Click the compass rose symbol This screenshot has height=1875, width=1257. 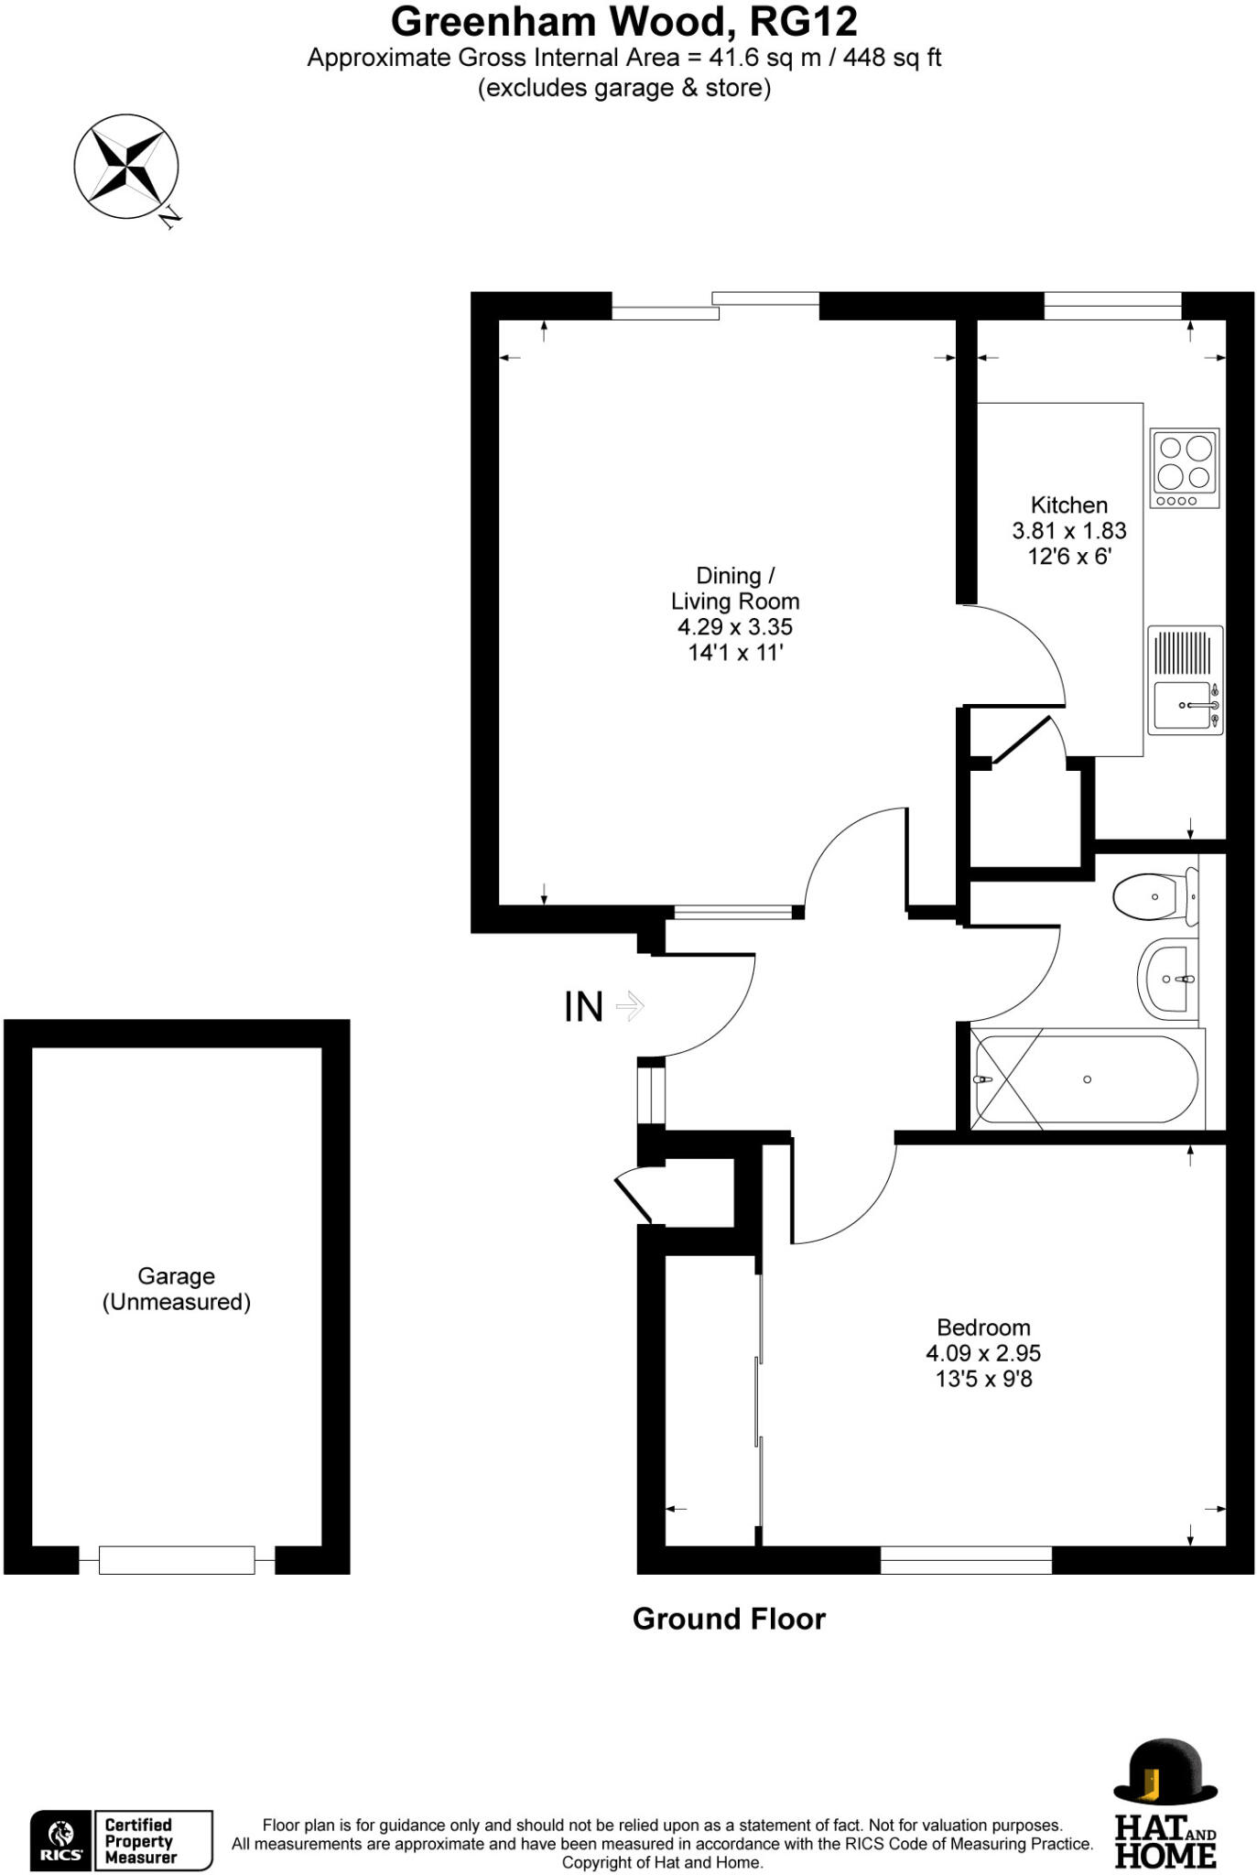click(x=126, y=167)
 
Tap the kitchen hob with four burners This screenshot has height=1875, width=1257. click(x=1185, y=468)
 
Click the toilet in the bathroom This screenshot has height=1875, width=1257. click(x=1154, y=897)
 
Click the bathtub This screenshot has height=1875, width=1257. click(x=1087, y=1079)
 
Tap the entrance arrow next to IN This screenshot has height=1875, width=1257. click(x=631, y=1007)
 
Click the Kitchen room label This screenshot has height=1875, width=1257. click(x=1068, y=504)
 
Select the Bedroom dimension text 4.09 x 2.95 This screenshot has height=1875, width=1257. click(x=983, y=1352)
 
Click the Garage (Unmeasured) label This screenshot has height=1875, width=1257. click(x=176, y=1288)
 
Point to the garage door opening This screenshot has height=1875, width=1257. click(x=176, y=1559)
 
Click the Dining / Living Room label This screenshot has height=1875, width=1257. click(x=735, y=588)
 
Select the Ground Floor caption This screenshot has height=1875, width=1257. click(x=729, y=1619)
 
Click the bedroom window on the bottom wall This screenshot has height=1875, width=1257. click(x=966, y=1559)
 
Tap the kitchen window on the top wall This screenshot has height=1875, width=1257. click(x=1112, y=306)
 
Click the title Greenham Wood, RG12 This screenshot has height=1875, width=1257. click(x=624, y=21)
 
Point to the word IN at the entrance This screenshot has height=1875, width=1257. click(x=583, y=1007)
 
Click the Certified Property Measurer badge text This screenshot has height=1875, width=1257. click(x=140, y=1840)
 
